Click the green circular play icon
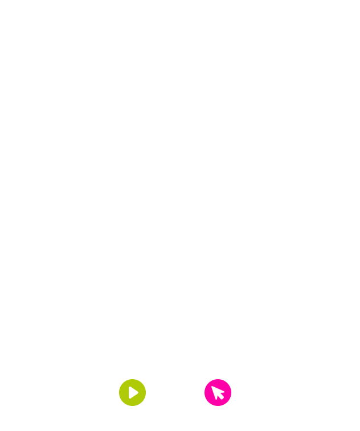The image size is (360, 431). click(132, 392)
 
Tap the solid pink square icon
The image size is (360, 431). click(218, 392)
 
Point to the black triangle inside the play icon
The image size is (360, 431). click(133, 392)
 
